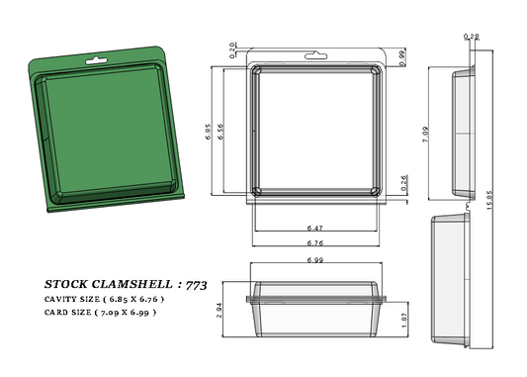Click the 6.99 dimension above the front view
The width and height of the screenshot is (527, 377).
pyautogui.click(x=316, y=260)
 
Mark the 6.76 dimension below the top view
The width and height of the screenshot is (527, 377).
pyautogui.click(x=315, y=242)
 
